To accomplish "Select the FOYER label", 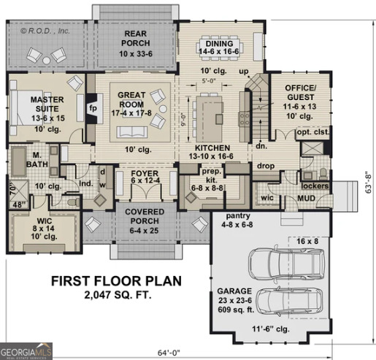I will [143, 175].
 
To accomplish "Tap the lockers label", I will [314, 185].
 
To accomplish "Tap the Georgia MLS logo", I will [26, 352].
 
